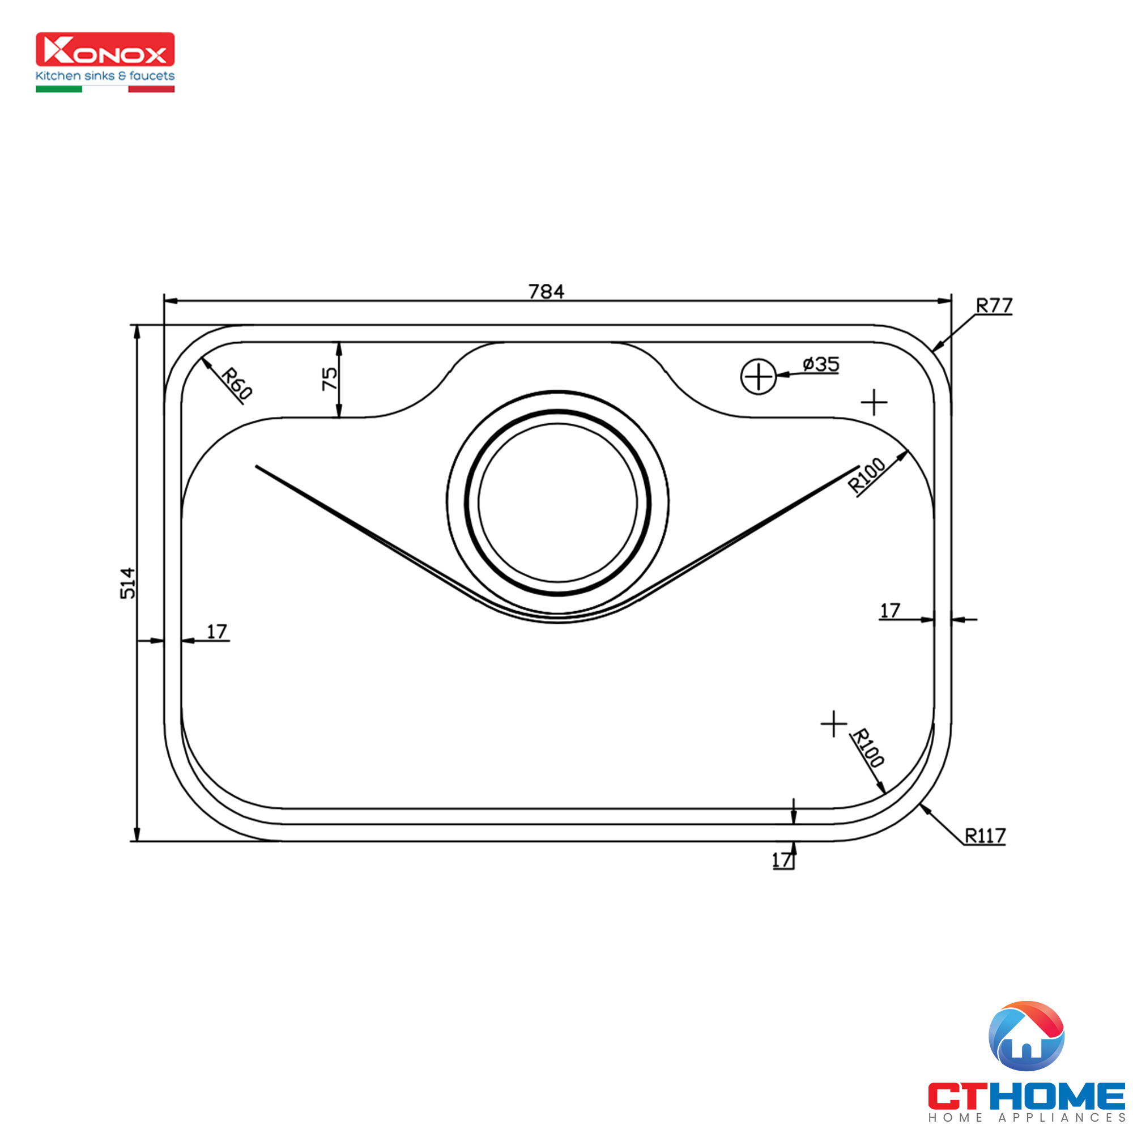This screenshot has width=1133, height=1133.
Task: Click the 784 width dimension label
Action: tap(546, 291)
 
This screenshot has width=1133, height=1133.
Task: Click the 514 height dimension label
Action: tap(127, 583)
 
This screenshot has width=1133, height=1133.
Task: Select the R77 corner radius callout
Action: tap(994, 305)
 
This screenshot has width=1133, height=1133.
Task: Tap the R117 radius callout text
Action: tap(985, 836)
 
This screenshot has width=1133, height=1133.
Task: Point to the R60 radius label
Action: tap(237, 383)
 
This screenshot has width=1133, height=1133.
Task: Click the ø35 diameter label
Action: tap(821, 364)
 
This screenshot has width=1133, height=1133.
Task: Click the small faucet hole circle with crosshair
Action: tap(759, 377)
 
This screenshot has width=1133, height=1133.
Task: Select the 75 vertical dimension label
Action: tap(330, 379)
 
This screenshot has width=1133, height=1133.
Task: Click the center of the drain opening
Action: tap(557, 502)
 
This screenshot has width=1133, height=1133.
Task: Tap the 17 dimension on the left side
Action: tap(216, 632)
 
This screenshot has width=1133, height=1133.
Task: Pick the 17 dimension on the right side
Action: tap(889, 611)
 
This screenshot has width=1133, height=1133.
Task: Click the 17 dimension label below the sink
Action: tap(781, 861)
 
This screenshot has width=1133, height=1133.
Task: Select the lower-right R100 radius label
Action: tap(868, 748)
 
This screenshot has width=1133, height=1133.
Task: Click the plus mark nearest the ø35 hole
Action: tap(874, 402)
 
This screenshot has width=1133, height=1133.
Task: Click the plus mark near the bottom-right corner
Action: tap(833, 723)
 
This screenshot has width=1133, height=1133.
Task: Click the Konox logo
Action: tap(105, 49)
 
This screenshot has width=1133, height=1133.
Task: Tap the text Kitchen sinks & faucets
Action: tap(105, 76)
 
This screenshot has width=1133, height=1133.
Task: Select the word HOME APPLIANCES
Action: tap(1026, 1118)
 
